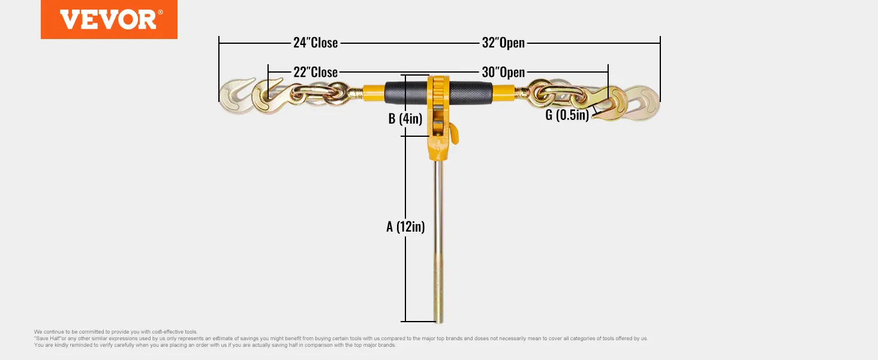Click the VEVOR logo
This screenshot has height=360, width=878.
109,19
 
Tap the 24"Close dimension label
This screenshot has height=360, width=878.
315,43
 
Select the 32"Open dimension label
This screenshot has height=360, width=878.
503,43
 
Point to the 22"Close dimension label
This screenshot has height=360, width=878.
315,72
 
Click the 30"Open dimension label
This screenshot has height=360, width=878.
503,72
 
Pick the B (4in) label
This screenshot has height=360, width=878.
406,118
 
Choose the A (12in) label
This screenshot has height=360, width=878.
405,226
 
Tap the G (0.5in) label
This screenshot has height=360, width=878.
567,115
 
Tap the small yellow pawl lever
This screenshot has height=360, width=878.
454,133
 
